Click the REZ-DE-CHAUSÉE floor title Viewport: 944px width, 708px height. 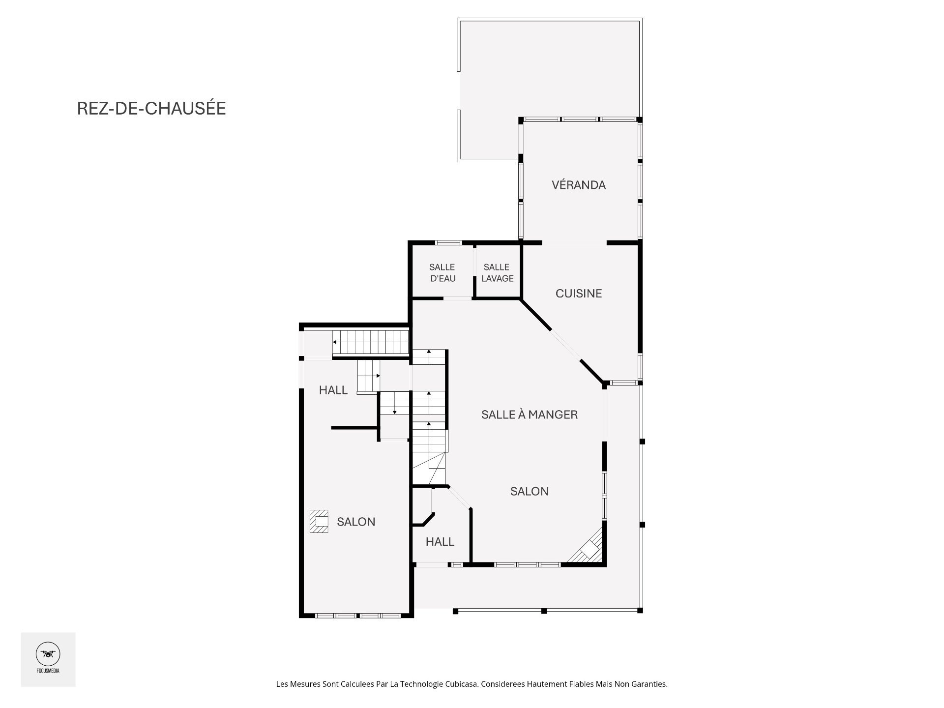pyautogui.click(x=151, y=109)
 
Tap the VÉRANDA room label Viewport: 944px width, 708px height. pyautogui.click(x=578, y=185)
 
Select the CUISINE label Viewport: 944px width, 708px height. pyautogui.click(x=578, y=294)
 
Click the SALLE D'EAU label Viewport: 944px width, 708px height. pyautogui.click(x=442, y=273)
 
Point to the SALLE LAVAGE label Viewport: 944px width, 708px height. pyautogui.click(x=497, y=273)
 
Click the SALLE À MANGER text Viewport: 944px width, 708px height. pyautogui.click(x=529, y=414)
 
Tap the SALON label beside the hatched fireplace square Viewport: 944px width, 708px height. pyautogui.click(x=356, y=522)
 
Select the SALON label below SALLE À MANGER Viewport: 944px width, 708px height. pyautogui.click(x=529, y=491)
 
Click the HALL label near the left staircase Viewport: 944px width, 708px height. pyautogui.click(x=333, y=390)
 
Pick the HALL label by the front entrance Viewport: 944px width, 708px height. pyautogui.click(x=440, y=542)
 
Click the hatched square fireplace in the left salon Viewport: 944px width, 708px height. pyautogui.click(x=319, y=522)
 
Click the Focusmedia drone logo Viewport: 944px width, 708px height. pyautogui.click(x=48, y=654)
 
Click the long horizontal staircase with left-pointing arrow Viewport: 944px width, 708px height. pyautogui.click(x=371, y=342)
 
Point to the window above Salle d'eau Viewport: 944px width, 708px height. pyautogui.click(x=448, y=242)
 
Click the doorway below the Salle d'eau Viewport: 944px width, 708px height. pyautogui.click(x=457, y=298)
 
